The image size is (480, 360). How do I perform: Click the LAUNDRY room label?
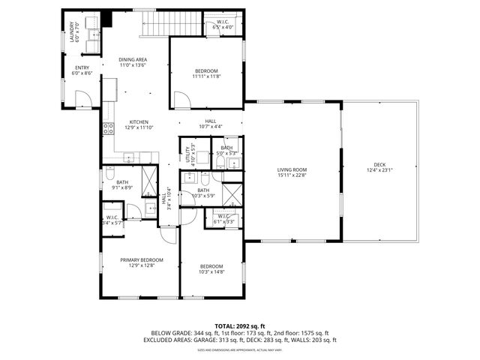point(73,36)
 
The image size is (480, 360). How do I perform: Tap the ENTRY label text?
point(82,70)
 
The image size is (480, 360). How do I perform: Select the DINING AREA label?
point(133,62)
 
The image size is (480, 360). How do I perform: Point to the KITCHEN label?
point(139,124)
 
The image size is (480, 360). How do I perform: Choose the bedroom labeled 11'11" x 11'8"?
point(206,73)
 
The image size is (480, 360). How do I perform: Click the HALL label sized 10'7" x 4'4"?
point(211,124)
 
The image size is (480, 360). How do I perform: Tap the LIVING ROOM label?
point(292,172)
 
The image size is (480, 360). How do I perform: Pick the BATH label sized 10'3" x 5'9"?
point(203,193)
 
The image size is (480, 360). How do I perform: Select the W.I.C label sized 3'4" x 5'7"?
point(114,220)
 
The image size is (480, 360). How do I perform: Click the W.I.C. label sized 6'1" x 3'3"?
point(224,219)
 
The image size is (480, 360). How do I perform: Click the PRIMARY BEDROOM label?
point(142,262)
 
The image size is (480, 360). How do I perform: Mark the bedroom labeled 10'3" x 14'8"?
point(211,268)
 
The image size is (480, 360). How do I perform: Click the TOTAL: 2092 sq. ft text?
point(240,325)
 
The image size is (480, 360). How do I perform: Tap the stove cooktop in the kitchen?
point(109,128)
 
